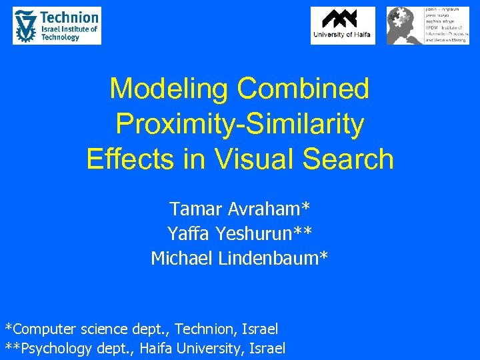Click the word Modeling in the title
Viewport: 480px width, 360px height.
click(x=169, y=88)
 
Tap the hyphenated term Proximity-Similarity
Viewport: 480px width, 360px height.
click(x=239, y=124)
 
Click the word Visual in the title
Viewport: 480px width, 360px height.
click(x=234, y=159)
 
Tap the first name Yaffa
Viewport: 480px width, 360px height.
click(x=189, y=233)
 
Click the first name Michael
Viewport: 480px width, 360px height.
click(x=182, y=257)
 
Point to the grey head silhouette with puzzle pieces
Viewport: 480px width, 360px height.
click(x=403, y=25)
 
